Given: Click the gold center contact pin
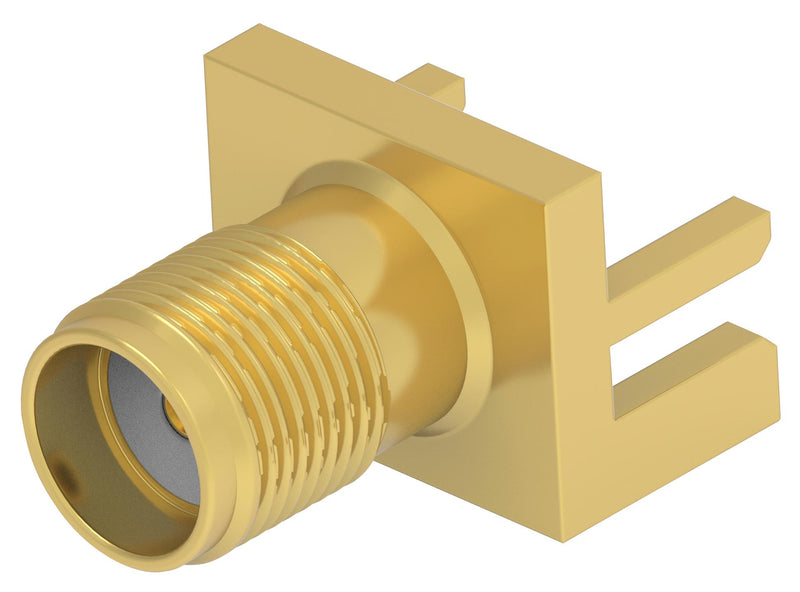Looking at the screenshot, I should pos(172,409).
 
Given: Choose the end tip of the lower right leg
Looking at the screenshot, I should pos(772,345).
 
